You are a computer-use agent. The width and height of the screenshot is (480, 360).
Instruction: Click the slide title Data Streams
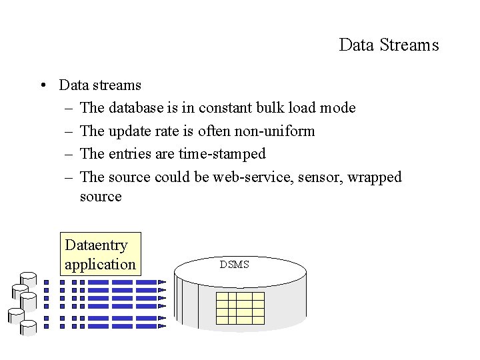(389, 45)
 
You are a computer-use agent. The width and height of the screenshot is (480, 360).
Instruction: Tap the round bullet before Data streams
(42, 85)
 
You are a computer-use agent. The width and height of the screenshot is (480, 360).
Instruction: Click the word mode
(337, 108)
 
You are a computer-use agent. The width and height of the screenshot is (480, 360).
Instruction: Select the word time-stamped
(222, 154)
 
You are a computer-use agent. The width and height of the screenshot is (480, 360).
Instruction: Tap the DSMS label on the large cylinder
(235, 265)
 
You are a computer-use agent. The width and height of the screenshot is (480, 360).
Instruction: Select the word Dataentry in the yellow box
(96, 245)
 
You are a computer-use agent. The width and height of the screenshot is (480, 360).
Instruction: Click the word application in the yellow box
(100, 264)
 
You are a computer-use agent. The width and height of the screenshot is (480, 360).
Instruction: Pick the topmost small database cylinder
(29, 278)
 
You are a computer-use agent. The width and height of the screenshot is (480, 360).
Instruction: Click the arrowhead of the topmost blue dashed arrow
(162, 282)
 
